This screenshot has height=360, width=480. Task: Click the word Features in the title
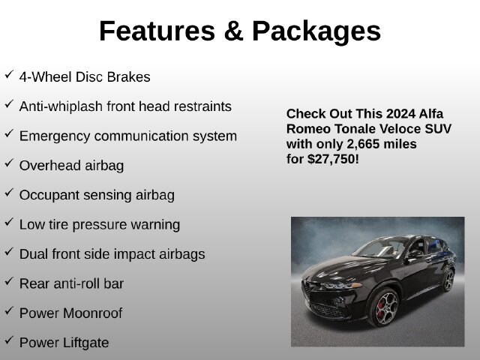click(x=157, y=31)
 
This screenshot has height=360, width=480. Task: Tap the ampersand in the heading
click(x=233, y=31)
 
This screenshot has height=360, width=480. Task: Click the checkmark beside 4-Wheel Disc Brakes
click(x=9, y=74)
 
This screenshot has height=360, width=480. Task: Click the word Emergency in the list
click(x=55, y=136)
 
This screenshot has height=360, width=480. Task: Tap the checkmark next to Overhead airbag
click(x=9, y=163)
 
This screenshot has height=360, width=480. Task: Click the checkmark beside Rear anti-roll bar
click(x=9, y=281)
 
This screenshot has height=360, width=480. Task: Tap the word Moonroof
click(x=93, y=313)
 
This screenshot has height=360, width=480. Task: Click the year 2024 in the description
click(x=400, y=114)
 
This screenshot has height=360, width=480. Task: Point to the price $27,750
click(x=331, y=160)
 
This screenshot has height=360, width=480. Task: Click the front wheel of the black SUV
click(x=384, y=308)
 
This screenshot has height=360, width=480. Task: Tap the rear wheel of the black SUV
click(x=448, y=280)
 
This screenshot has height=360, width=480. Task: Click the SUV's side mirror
click(x=415, y=254)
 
